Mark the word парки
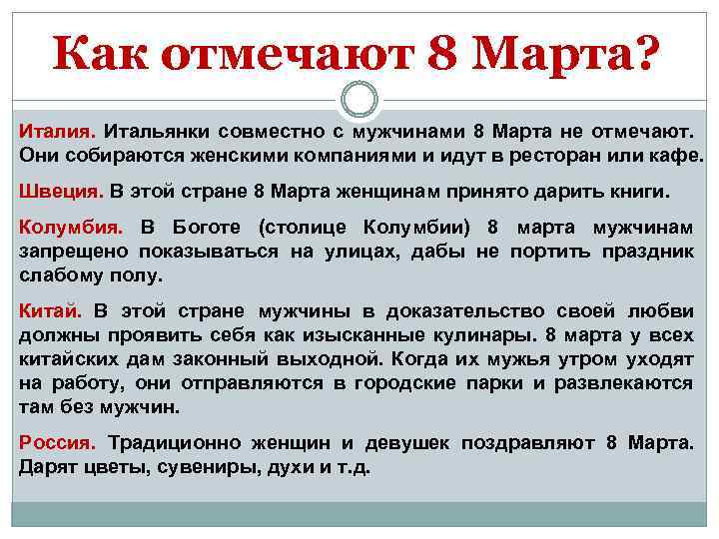[x=489, y=383]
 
